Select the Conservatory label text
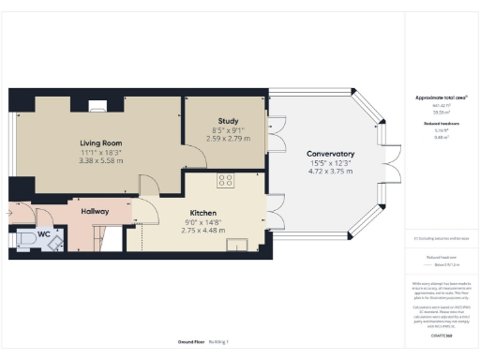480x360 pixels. (x=330, y=154)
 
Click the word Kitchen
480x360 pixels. (x=203, y=212)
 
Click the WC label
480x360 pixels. (x=44, y=234)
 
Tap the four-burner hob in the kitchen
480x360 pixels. (x=226, y=180)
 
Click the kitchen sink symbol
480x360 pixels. (x=234, y=246)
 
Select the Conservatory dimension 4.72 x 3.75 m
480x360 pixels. (x=330, y=172)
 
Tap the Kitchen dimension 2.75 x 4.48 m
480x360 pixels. (x=203, y=230)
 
